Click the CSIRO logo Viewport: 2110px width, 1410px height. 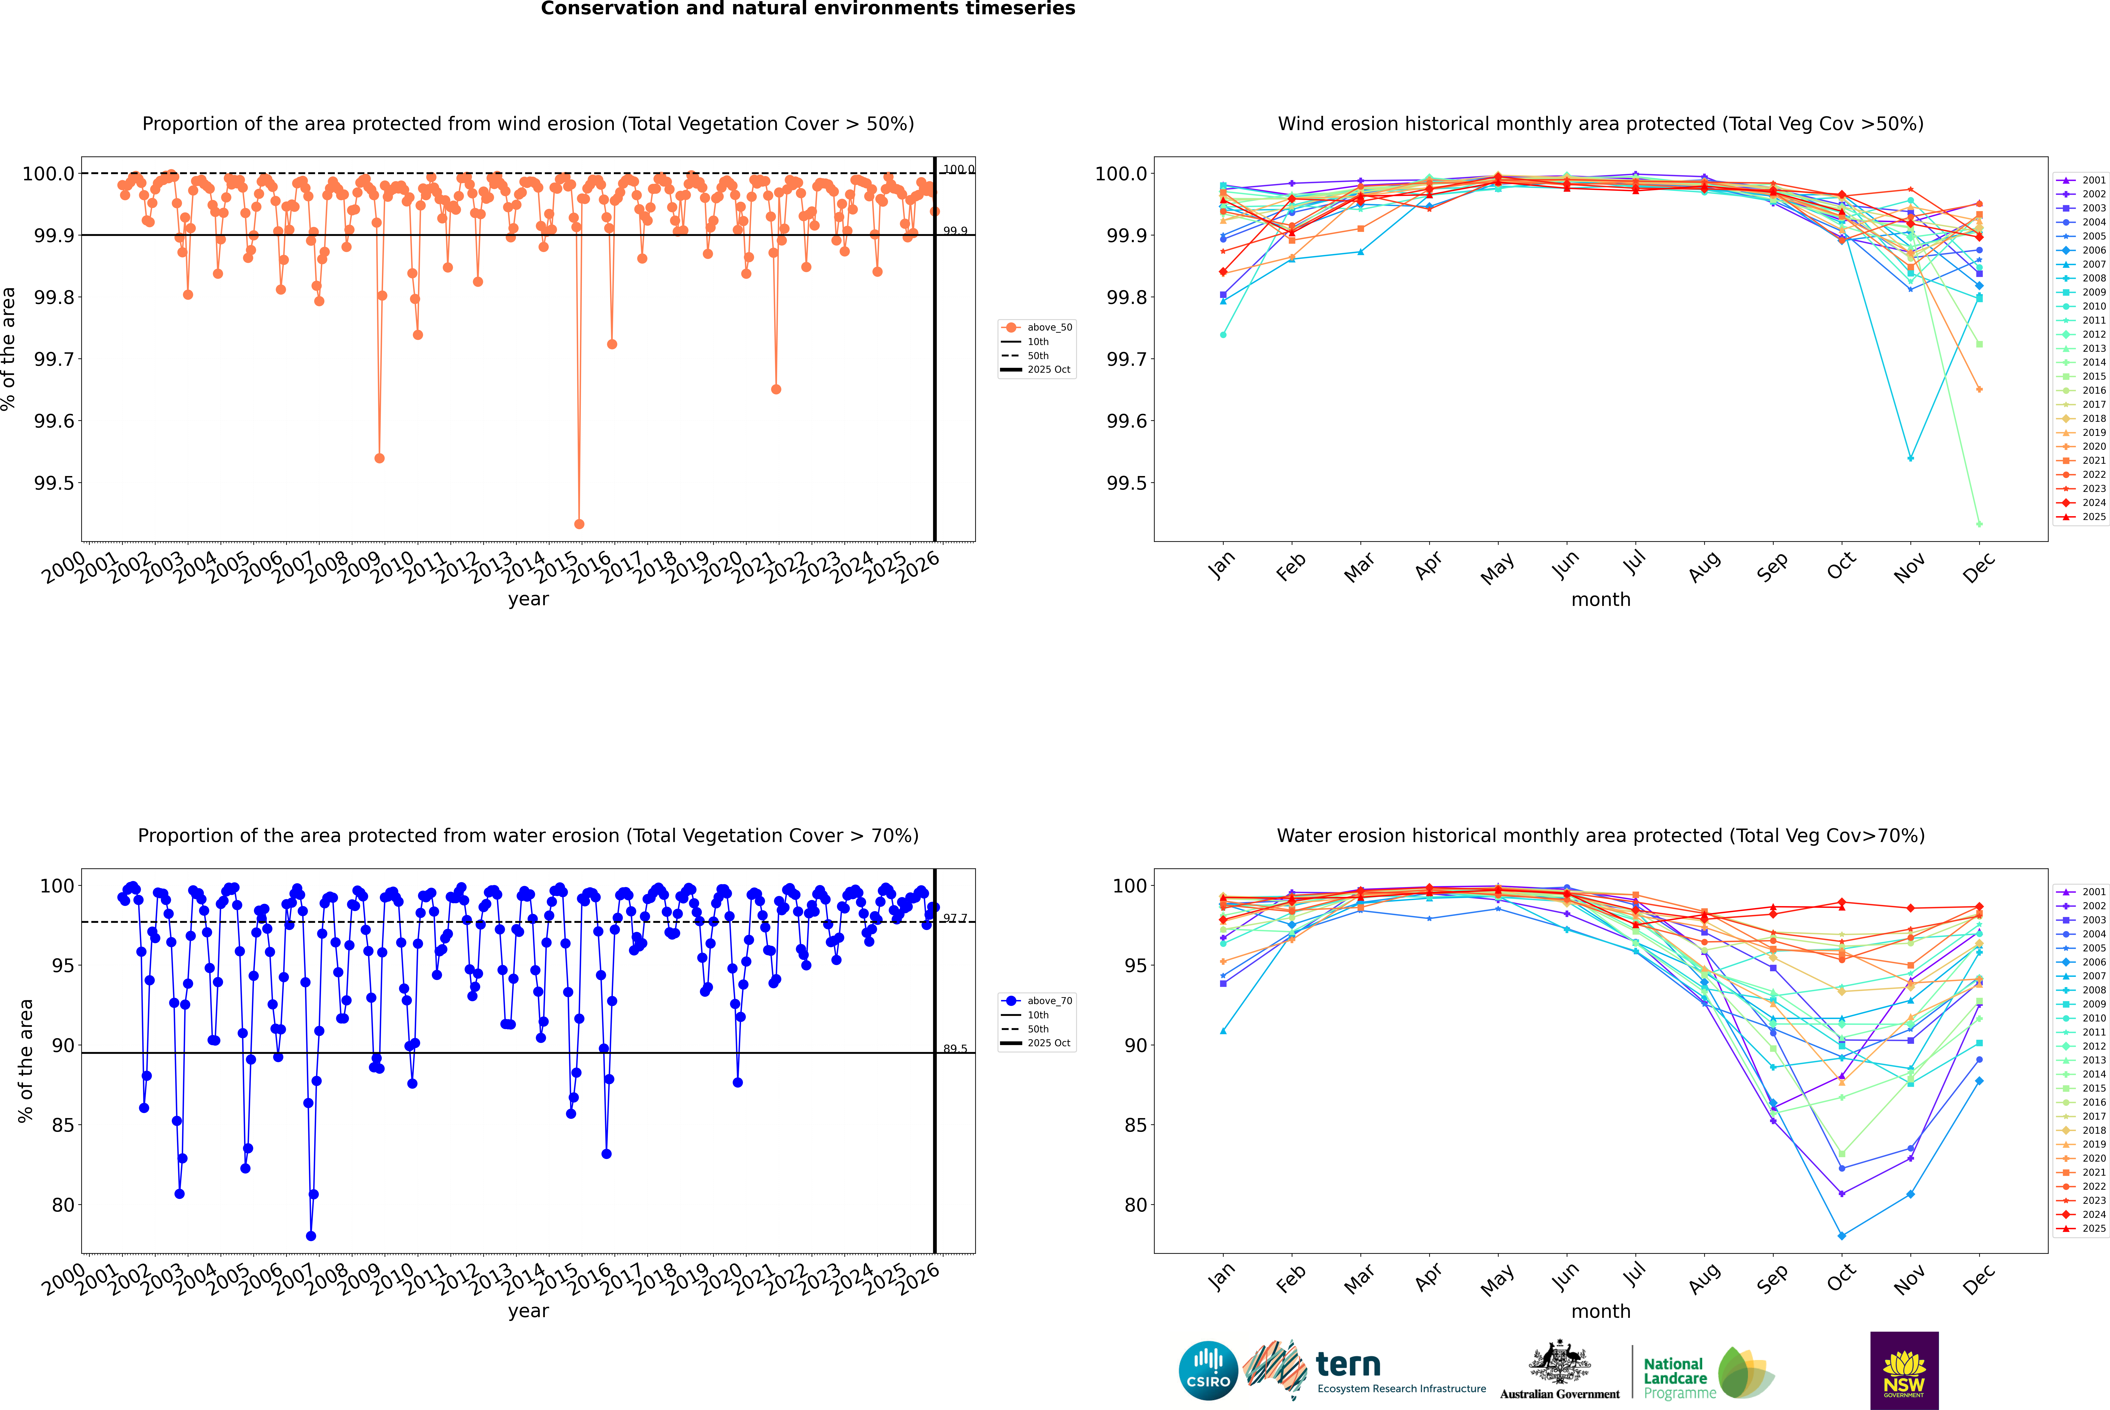(x=1208, y=1370)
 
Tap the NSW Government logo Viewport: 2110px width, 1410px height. (x=1904, y=1370)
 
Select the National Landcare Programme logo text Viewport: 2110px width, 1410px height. (x=1675, y=1378)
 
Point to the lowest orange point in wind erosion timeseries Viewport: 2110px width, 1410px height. (x=579, y=523)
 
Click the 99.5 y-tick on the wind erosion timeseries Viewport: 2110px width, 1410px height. (x=54, y=483)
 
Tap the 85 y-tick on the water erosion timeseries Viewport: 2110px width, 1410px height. (x=63, y=1125)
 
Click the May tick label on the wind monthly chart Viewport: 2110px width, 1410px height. (x=1497, y=568)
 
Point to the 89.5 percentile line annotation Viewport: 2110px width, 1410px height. (x=955, y=1048)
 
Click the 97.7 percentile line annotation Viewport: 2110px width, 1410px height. (x=955, y=918)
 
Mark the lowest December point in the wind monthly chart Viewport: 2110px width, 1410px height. (x=1979, y=524)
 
